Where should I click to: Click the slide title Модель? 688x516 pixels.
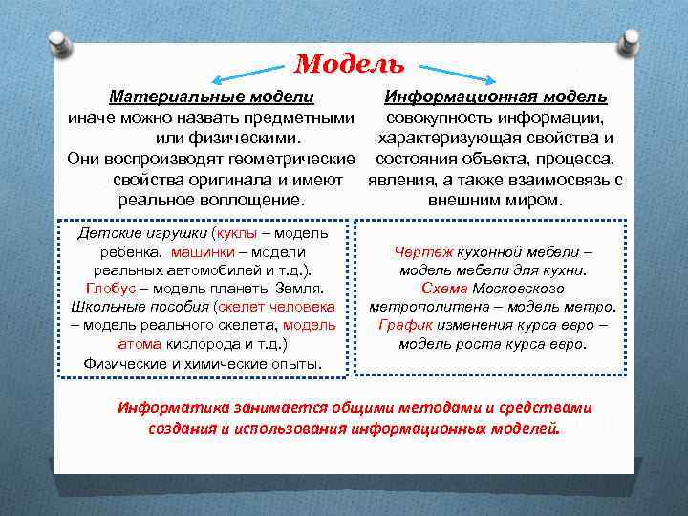point(349,64)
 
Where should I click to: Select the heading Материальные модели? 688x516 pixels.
point(211,97)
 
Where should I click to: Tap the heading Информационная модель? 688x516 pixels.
point(495,97)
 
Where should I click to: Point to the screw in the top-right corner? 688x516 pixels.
point(630,42)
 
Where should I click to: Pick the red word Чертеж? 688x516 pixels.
point(420,251)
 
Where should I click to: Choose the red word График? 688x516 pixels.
point(405,325)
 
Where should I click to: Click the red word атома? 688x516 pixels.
point(140,343)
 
